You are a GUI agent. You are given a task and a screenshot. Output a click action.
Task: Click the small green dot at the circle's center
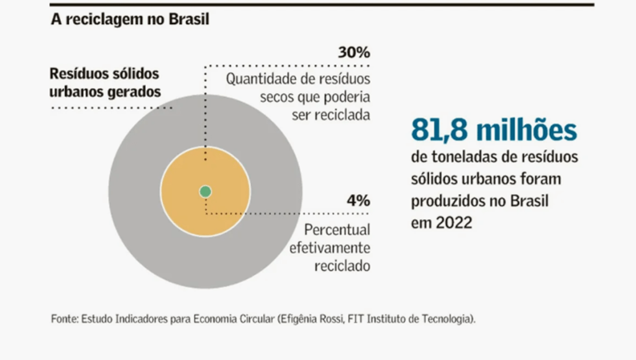click(x=206, y=191)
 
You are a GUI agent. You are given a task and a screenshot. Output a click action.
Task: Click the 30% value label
click(x=354, y=53)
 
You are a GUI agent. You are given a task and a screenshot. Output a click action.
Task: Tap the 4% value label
click(x=358, y=201)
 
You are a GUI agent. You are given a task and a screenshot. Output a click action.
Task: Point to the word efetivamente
click(x=330, y=248)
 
